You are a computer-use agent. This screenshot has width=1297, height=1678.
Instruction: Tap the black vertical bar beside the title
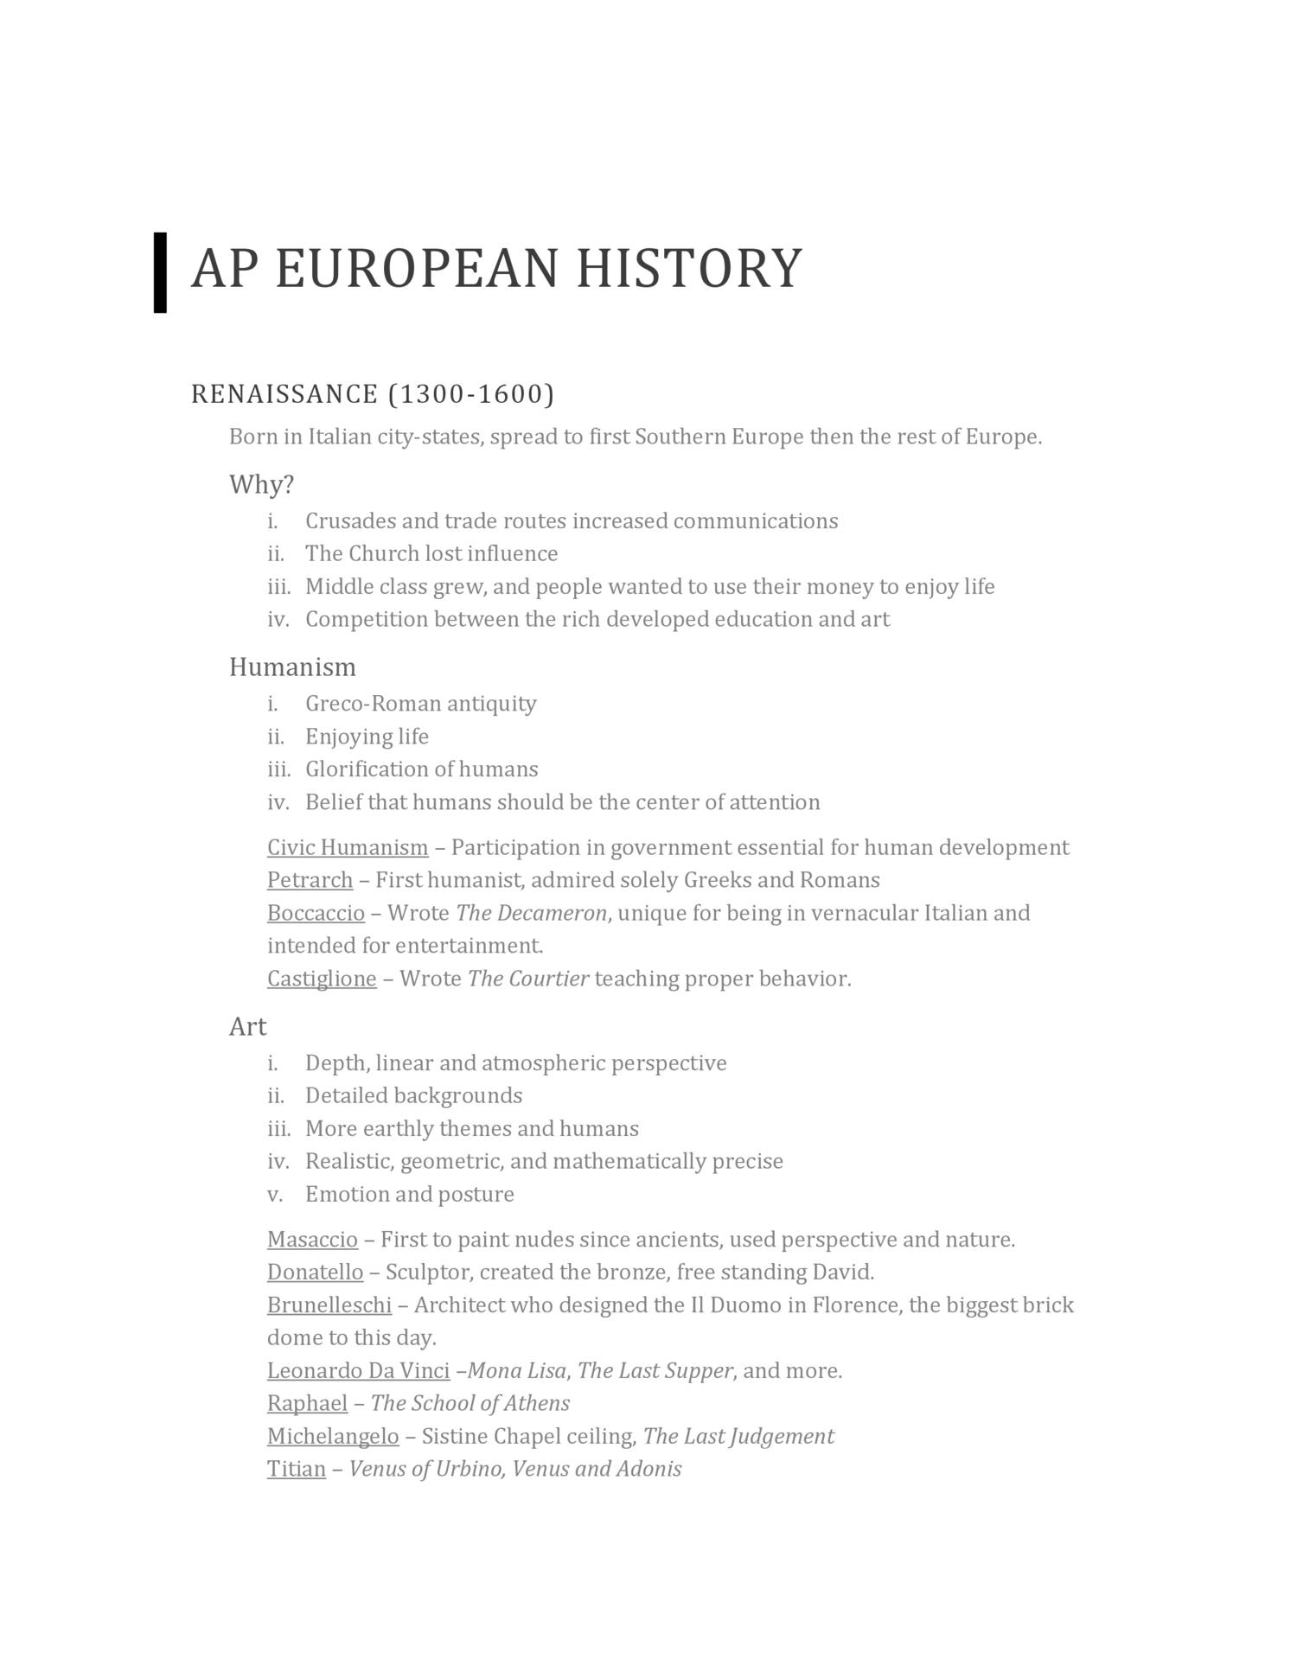160,272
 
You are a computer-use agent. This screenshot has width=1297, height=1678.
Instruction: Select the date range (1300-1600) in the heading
471,394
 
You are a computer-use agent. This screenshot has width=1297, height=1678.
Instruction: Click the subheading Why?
261,484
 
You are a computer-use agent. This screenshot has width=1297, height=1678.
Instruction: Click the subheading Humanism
292,667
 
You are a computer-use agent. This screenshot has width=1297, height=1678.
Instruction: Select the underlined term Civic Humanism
348,847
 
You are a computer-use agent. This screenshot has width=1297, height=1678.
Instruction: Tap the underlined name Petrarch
310,880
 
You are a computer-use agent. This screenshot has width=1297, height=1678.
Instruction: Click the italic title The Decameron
531,913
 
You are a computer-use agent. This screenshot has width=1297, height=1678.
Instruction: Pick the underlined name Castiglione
322,979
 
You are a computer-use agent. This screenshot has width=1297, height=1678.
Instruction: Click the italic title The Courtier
528,979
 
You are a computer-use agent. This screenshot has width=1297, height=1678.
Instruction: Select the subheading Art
247,1026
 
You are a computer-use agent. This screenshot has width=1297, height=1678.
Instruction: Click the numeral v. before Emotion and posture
274,1195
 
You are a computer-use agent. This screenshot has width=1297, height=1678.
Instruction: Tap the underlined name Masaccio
312,1240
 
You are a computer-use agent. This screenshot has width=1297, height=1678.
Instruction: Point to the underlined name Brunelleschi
329,1305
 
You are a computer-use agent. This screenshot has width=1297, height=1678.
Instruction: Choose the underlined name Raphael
307,1403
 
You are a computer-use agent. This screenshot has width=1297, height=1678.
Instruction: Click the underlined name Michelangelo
333,1437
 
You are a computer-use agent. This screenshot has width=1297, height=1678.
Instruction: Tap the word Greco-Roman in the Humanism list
358,704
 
